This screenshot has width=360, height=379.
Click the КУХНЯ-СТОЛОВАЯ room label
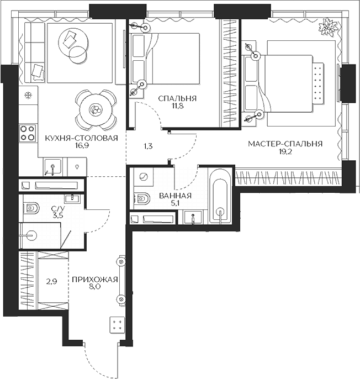[82, 138]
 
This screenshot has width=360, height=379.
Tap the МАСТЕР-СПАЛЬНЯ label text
[285, 144]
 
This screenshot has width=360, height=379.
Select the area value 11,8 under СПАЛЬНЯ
[177, 106]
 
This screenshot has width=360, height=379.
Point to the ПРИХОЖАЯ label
[95, 280]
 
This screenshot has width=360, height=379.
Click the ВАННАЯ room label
[175, 196]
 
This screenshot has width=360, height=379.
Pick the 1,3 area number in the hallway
[148, 146]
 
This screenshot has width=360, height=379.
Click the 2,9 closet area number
[52, 281]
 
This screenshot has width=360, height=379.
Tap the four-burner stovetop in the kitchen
[28, 133]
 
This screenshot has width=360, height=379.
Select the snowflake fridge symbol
[29, 96]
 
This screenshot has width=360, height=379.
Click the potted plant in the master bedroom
[329, 27]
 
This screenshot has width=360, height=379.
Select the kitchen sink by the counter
[52, 166]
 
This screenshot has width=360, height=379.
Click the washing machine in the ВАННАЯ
[144, 177]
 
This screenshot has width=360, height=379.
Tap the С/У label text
[58, 208]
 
